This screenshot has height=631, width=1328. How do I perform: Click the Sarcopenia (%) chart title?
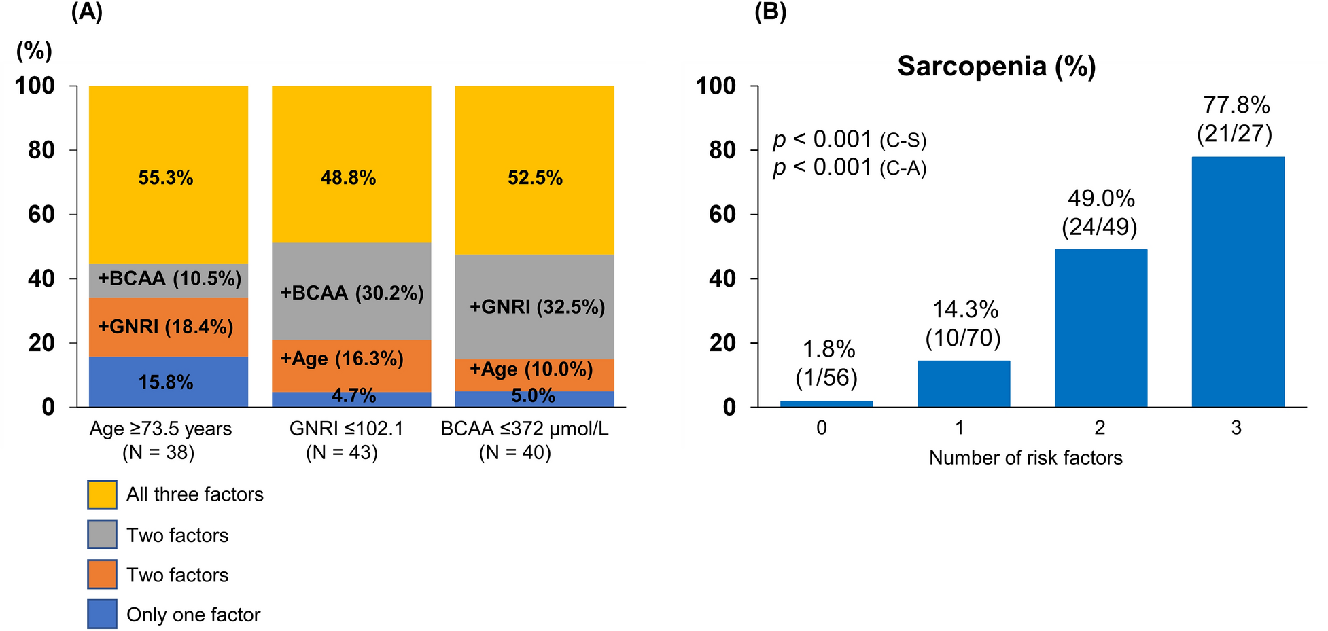point(996,67)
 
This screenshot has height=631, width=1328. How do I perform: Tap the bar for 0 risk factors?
point(826,403)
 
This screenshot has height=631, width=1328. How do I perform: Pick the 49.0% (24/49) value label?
point(1100,213)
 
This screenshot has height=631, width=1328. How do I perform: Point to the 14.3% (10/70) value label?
point(964,323)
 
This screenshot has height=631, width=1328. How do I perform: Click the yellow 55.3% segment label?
point(166,178)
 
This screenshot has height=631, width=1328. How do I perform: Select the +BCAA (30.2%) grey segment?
point(351,293)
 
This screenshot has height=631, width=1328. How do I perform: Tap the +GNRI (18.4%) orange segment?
point(166,327)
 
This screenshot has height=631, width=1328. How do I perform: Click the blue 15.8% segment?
point(166,382)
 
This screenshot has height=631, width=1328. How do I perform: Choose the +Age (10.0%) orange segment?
point(531,369)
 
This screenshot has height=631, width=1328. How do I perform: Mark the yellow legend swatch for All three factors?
point(102,494)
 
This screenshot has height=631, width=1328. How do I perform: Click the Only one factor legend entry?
point(193,615)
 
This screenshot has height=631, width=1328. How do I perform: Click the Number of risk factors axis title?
point(1025,458)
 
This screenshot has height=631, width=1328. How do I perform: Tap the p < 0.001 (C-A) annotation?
point(850,167)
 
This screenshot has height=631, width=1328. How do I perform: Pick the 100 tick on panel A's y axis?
point(35,86)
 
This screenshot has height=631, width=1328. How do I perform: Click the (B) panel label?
point(770,13)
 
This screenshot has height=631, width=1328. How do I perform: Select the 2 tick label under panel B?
point(1100,428)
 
